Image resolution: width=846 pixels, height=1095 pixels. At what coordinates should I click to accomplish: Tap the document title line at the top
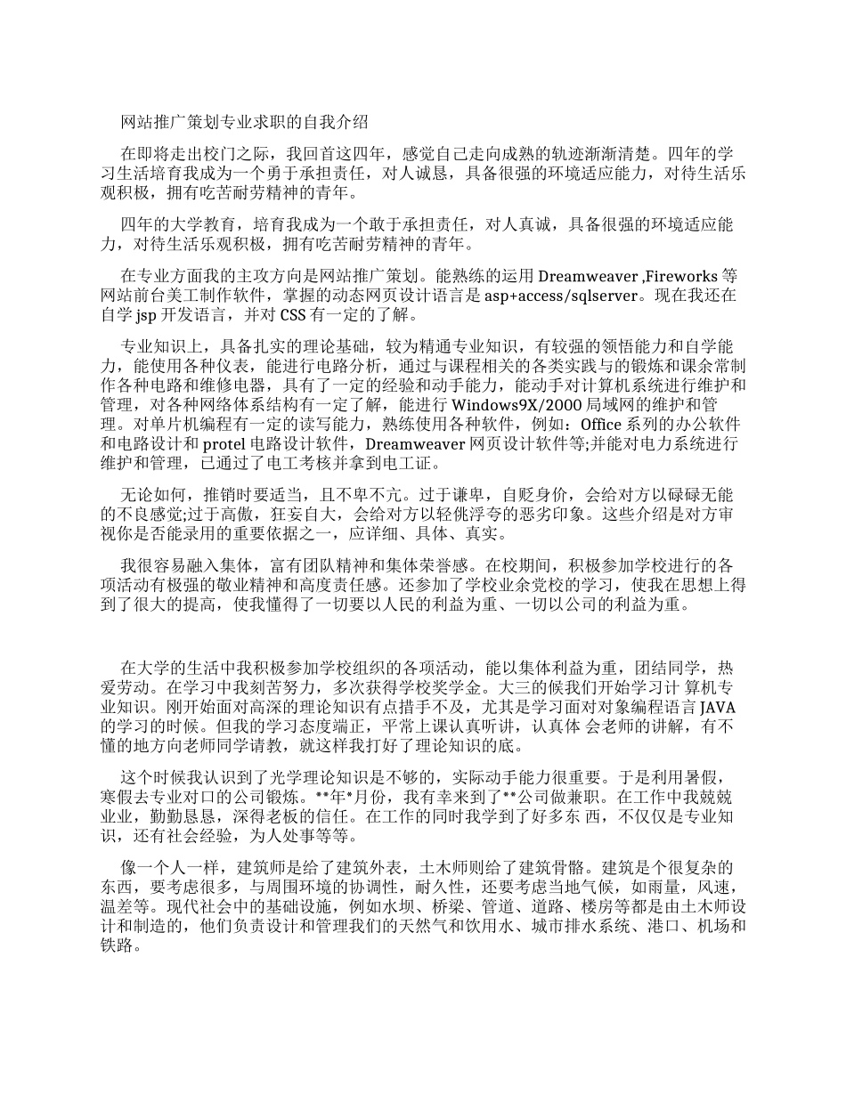pos(244,122)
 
